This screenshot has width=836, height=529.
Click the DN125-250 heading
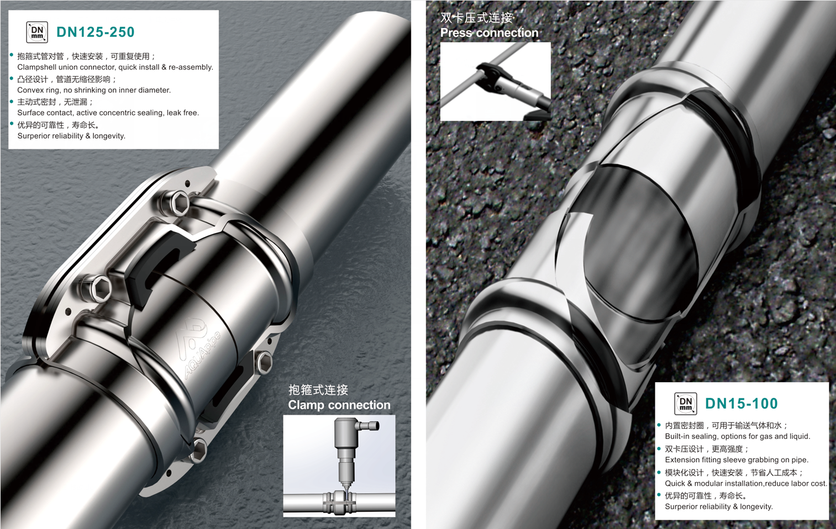pyautogui.click(x=95, y=32)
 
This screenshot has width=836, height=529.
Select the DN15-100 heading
pyautogui.click(x=742, y=403)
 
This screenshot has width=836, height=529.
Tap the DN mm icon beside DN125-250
pyautogui.click(x=37, y=32)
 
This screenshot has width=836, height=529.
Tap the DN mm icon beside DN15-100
pyautogui.click(x=686, y=404)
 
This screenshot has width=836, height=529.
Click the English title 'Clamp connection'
pyautogui.click(x=339, y=405)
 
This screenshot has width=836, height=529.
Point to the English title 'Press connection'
pyautogui.click(x=490, y=33)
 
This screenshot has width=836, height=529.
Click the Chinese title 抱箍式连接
pyautogui.click(x=318, y=390)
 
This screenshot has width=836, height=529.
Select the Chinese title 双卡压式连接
pyautogui.click(x=477, y=18)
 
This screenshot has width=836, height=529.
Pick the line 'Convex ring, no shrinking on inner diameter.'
pyautogui.click(x=94, y=90)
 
